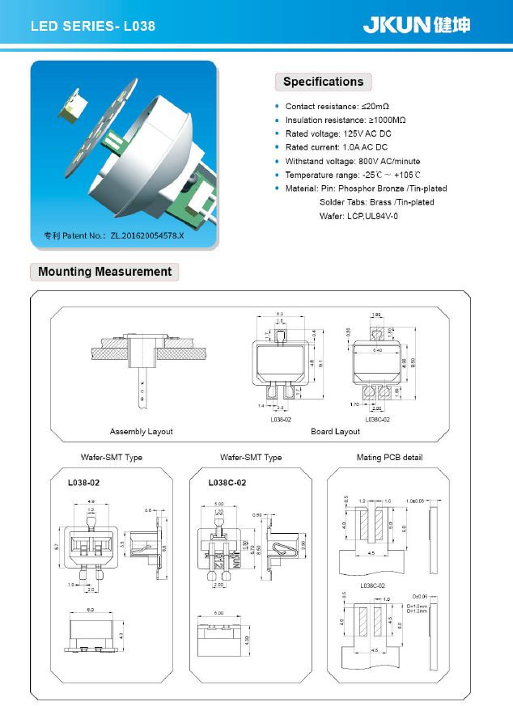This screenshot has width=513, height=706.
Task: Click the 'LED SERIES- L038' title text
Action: click(92, 27)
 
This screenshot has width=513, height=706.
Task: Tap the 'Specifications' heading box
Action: click(323, 82)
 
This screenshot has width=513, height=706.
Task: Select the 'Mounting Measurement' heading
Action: click(104, 272)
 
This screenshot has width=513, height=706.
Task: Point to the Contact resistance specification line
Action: click(337, 107)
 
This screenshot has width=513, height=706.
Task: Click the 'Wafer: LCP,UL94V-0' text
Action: click(358, 216)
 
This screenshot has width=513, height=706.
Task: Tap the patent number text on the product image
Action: click(113, 235)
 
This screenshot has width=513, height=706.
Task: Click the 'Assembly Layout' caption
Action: click(141, 432)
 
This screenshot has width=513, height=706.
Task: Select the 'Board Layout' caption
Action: click(335, 432)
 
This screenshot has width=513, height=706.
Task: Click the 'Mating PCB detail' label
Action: click(389, 458)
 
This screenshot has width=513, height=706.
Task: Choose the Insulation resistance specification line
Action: click(346, 120)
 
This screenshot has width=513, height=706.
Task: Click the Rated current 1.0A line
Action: click(337, 147)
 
